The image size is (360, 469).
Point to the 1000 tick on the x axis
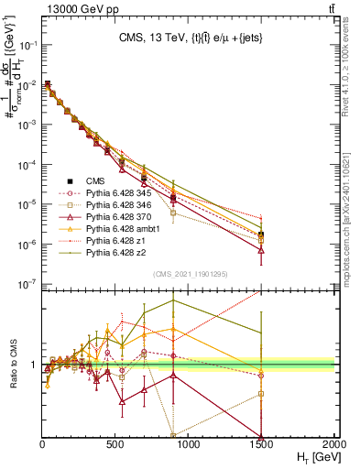[189, 443]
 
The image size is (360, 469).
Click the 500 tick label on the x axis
[115, 443]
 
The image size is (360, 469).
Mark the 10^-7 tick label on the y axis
[27, 285]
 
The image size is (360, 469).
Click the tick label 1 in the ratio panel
[34, 365]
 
